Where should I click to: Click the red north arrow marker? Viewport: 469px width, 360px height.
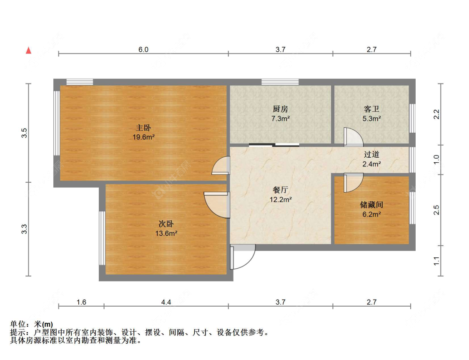click(x=28, y=50)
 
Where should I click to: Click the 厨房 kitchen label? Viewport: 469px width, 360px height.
click(x=280, y=109)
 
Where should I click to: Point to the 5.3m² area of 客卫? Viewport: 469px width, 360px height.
click(x=371, y=118)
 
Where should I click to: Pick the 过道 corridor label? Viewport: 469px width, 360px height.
click(x=371, y=155)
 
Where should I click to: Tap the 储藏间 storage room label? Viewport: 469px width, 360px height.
click(x=371, y=205)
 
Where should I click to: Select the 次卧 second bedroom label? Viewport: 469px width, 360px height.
click(x=166, y=224)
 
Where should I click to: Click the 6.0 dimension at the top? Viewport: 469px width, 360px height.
click(x=143, y=50)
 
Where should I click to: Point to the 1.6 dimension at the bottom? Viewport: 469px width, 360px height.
click(x=81, y=302)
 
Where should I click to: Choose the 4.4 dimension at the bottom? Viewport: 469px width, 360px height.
click(x=166, y=302)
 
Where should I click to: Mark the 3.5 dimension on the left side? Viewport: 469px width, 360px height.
click(x=25, y=133)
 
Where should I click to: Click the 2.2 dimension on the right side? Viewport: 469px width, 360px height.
click(x=436, y=114)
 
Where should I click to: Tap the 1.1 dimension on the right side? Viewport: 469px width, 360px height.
click(x=436, y=261)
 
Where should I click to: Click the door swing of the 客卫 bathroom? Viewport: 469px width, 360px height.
click(x=352, y=137)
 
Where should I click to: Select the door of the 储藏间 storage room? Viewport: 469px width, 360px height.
click(x=352, y=182)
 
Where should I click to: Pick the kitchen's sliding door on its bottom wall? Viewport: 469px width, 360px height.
click(x=274, y=145)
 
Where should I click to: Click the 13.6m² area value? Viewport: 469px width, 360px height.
click(x=166, y=233)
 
